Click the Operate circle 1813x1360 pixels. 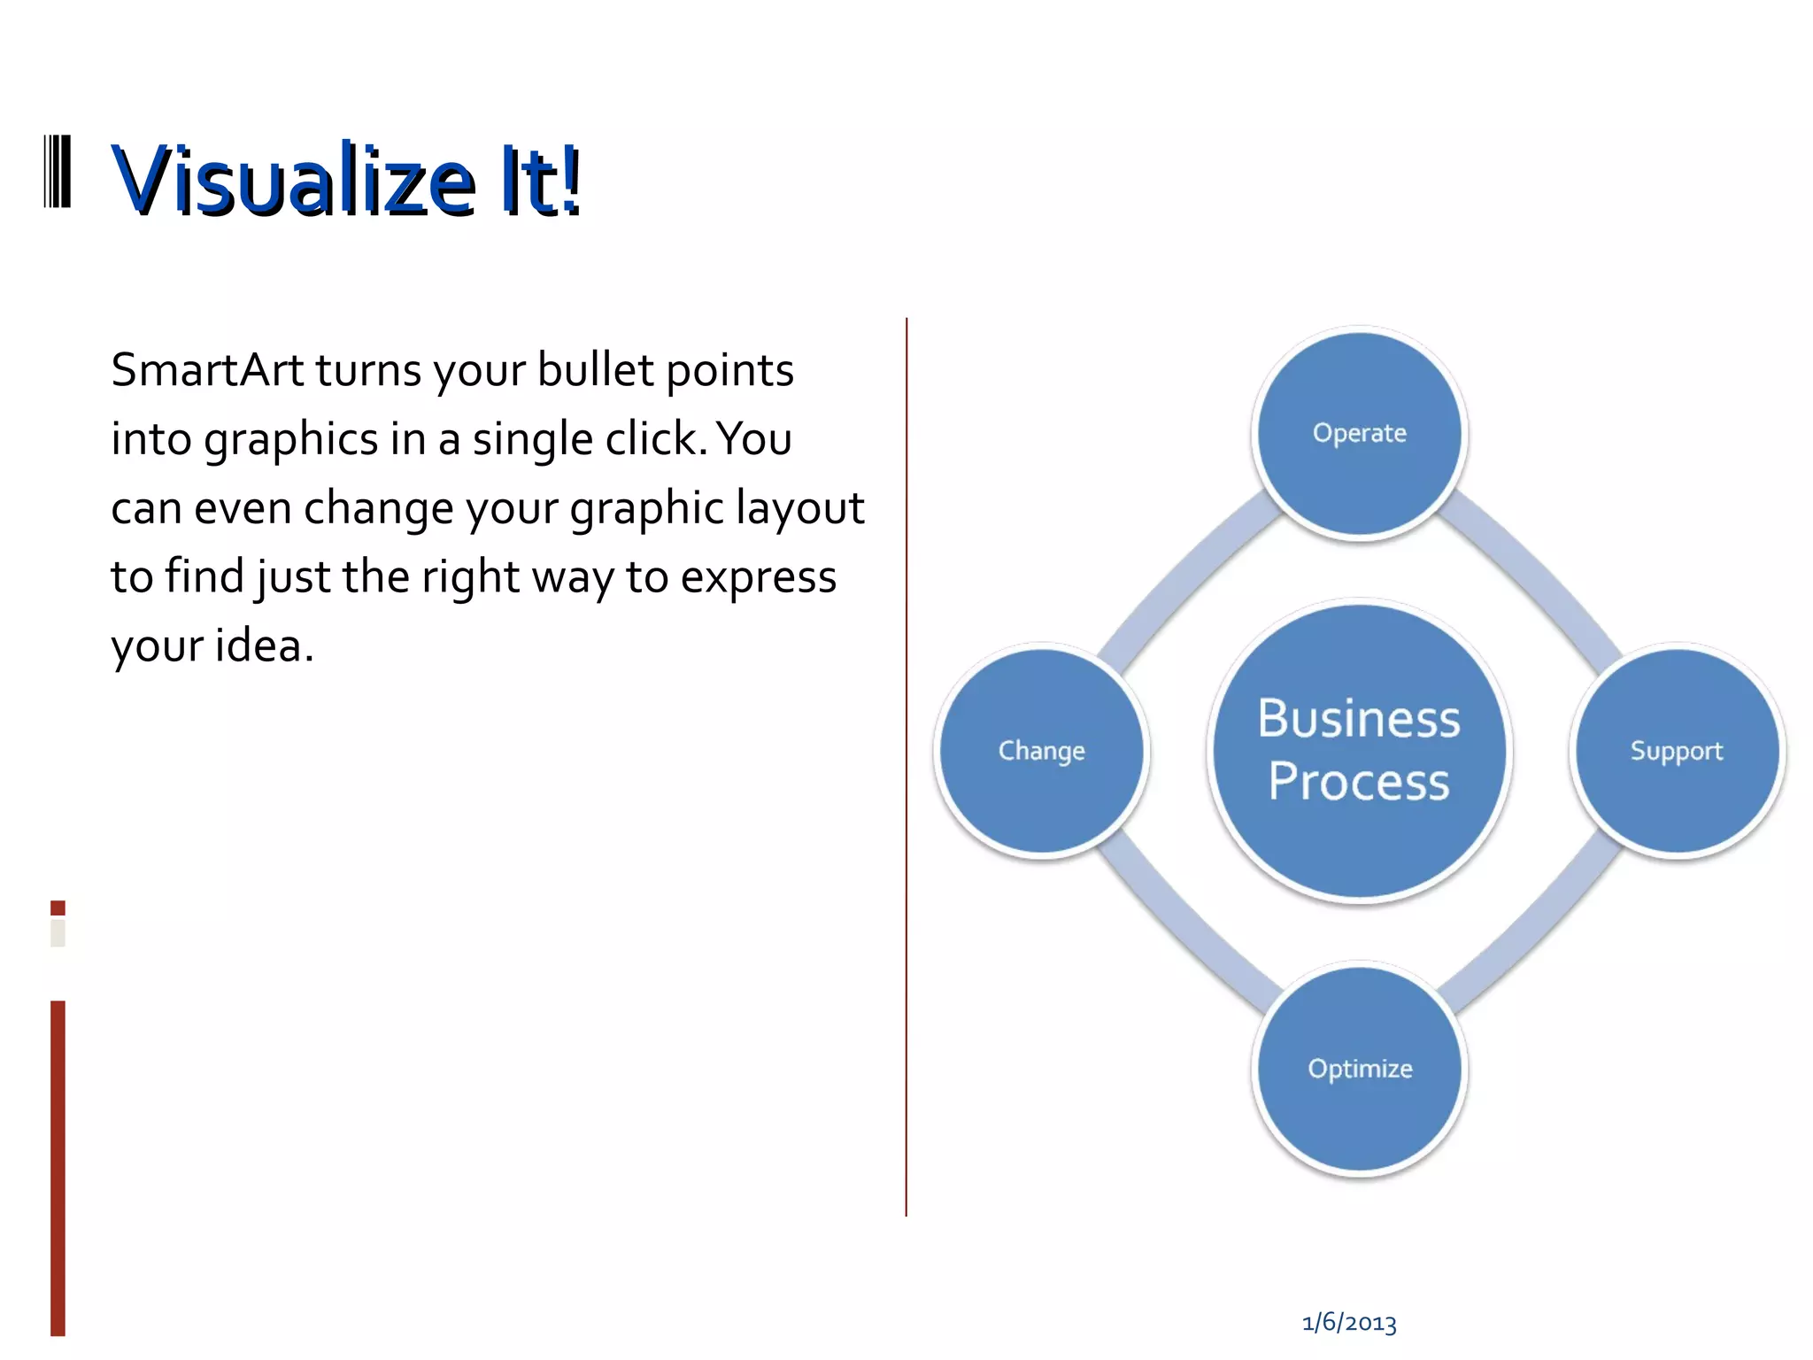tap(1359, 433)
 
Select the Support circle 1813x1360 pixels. tap(1677, 751)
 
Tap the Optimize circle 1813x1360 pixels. tap(1359, 1069)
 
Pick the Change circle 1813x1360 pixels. tap(1042, 751)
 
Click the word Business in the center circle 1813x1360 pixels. tap(1359, 718)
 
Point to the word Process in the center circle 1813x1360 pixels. tap(1359, 782)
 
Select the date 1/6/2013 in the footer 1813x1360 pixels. tap(1349, 1323)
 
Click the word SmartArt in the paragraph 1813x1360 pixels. tap(207, 370)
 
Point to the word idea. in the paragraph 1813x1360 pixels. tap(265, 645)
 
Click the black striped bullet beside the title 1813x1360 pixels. tap(58, 172)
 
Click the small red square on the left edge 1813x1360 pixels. tap(58, 908)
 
